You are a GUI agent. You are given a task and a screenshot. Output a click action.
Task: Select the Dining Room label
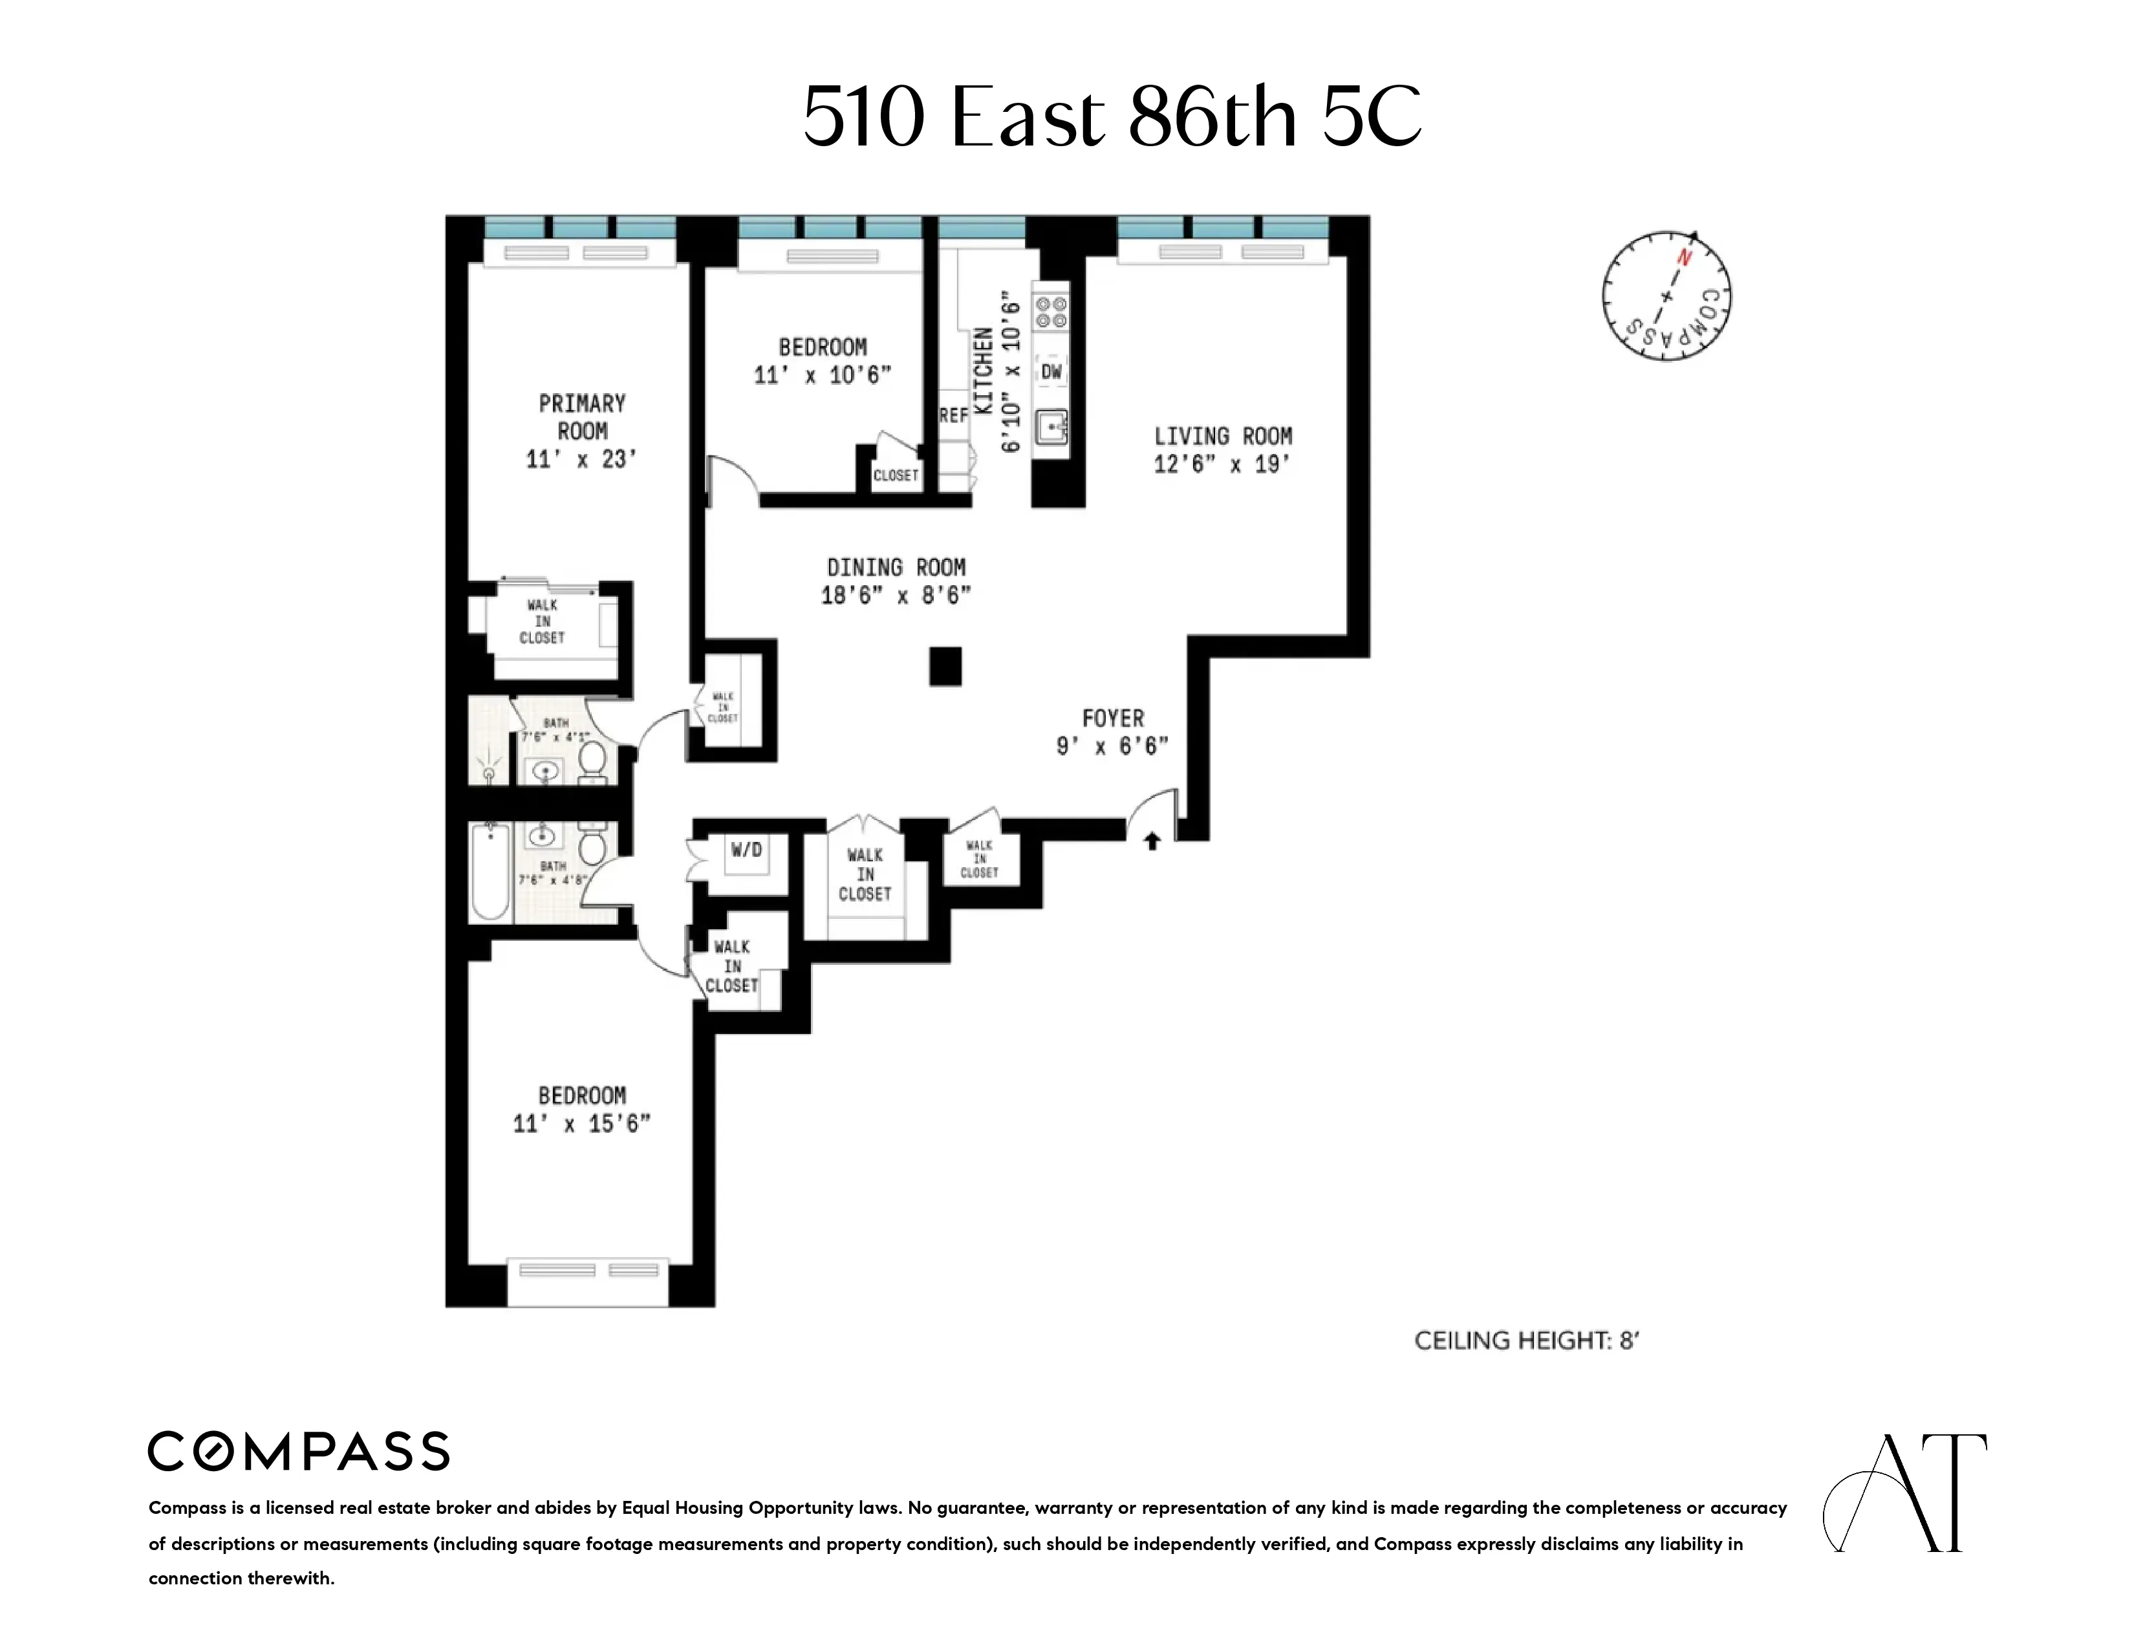pyautogui.click(x=896, y=568)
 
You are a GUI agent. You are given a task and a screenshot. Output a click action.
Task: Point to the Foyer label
pyautogui.click(x=1112, y=718)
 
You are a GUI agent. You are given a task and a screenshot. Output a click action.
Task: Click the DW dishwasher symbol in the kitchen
pyautogui.click(x=1051, y=371)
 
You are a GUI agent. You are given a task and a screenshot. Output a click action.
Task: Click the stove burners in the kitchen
pyautogui.click(x=1051, y=312)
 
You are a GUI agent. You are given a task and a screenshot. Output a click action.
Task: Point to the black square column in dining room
pyautogui.click(x=945, y=667)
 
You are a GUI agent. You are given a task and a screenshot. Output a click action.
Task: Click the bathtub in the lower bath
pyautogui.click(x=490, y=872)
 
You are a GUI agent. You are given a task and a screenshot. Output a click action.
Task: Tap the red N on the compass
pyautogui.click(x=1683, y=258)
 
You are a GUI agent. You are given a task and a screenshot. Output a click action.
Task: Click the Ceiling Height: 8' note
pyautogui.click(x=1526, y=1341)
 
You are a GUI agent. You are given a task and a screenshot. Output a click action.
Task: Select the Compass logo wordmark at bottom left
pyautogui.click(x=298, y=1452)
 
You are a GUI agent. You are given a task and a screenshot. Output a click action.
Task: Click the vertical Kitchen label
pyautogui.click(x=984, y=371)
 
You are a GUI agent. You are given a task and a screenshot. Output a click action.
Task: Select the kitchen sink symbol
pyautogui.click(x=1051, y=427)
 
